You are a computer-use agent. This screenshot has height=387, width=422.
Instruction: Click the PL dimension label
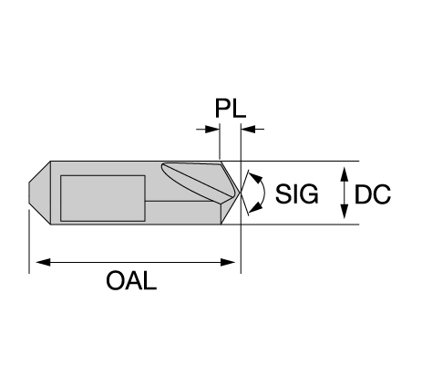[231, 109]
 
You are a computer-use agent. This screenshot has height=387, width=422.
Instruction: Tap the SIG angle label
[297, 193]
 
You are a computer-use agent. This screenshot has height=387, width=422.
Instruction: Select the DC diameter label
[373, 194]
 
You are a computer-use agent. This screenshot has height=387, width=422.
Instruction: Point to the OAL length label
[131, 280]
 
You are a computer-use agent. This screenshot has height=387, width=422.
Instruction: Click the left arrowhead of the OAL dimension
[43, 262]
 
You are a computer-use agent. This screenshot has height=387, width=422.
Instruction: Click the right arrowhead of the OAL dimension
[228, 262]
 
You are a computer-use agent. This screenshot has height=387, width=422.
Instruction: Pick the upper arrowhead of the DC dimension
[344, 174]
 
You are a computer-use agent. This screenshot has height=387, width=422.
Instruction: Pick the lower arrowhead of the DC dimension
[344, 212]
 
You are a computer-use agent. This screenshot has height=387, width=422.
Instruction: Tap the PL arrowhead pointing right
[212, 129]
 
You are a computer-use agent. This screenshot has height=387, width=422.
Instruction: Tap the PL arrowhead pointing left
[248, 129]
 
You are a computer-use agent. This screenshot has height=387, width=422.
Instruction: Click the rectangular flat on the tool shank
[103, 198]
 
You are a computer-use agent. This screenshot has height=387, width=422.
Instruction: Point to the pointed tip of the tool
[241, 193]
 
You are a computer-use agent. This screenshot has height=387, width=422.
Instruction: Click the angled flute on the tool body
[199, 180]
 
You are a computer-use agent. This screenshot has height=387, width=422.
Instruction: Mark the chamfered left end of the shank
[40, 193]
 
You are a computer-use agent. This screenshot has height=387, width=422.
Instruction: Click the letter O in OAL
[115, 280]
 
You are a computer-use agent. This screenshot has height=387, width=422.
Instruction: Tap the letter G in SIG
[309, 193]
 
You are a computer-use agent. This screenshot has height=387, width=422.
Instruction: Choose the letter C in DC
[382, 194]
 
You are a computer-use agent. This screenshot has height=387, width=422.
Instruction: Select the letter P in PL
[222, 109]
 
